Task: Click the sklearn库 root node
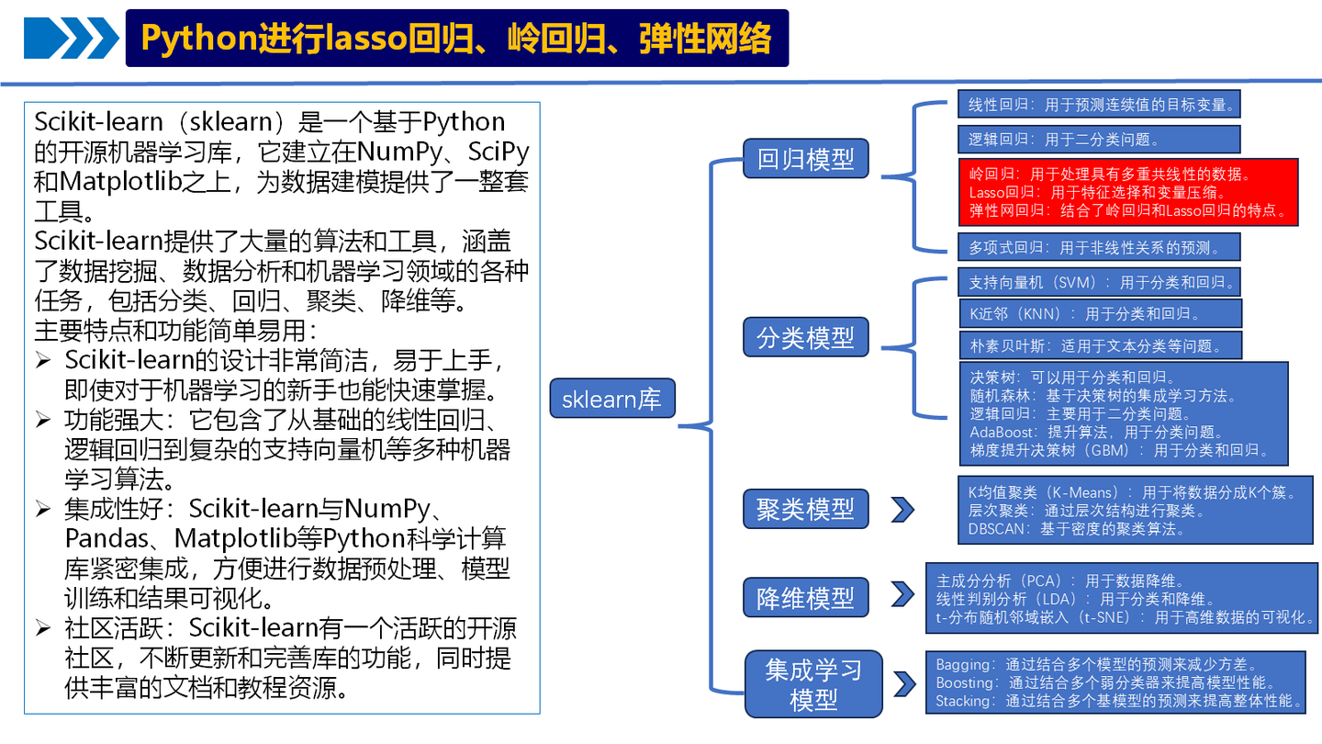[611, 400]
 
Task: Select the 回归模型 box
[805, 160]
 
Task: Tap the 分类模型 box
[805, 338]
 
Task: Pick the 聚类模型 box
[805, 509]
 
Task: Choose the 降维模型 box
[805, 598]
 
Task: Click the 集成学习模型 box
[812, 684]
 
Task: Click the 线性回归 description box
[1098, 105]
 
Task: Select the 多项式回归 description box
[1098, 247]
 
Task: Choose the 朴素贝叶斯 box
[1099, 345]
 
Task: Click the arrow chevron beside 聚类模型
[902, 510]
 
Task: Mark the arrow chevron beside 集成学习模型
[903, 683]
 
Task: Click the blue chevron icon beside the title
[72, 39]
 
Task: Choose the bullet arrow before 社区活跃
[43, 629]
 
